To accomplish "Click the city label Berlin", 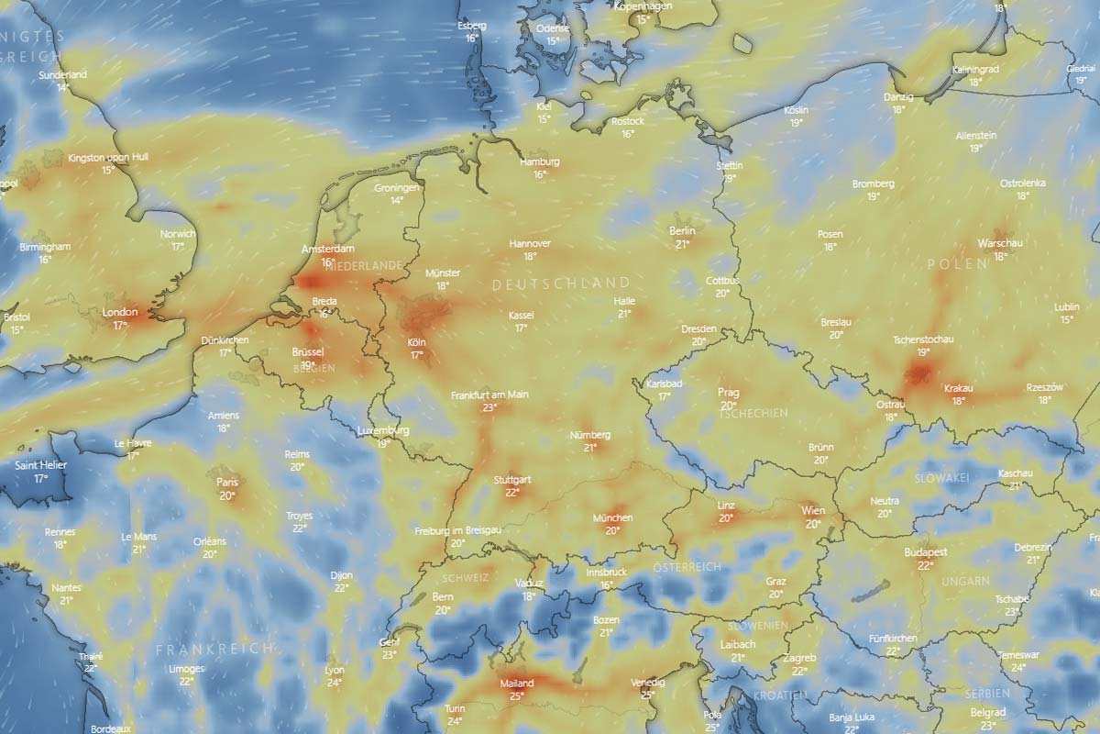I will coord(682,231).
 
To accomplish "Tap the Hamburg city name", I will coord(539,162).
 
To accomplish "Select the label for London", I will coord(120,313).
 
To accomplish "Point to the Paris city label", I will coord(226,483).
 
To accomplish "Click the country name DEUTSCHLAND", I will coord(561,284).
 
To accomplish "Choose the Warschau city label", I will coord(1001,243).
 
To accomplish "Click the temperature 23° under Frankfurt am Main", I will coord(489,407).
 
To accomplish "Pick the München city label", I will coord(612,518).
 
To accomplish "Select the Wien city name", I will coord(813,511).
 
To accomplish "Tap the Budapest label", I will coord(925,553).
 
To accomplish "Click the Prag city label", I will coord(728,393).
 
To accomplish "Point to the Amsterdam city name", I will coord(328,250).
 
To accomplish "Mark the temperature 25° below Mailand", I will coord(517,696).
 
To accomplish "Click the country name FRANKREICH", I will coord(214,649).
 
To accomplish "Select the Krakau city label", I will coord(958,388).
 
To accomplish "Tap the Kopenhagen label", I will coord(643,6).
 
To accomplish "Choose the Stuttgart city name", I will coord(512,480).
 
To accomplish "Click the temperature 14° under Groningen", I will coord(397,200).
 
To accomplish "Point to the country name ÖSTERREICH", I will coord(688,568).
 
